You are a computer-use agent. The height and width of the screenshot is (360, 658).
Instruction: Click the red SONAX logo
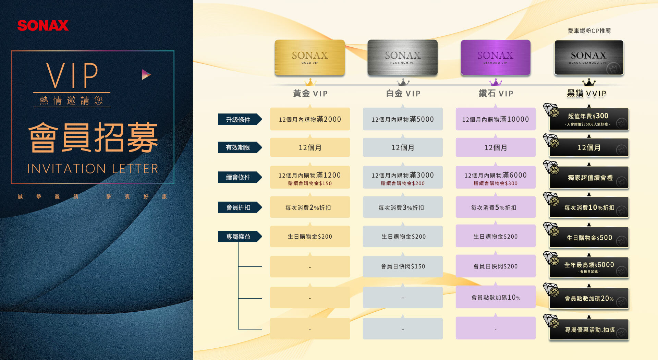pyautogui.click(x=43, y=25)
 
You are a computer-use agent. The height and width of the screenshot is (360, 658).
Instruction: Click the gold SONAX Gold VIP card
pyautogui.click(x=310, y=58)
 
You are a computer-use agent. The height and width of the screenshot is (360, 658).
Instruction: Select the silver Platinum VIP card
pyautogui.click(x=403, y=58)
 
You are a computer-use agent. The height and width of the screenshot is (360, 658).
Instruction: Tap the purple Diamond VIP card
pyautogui.click(x=496, y=58)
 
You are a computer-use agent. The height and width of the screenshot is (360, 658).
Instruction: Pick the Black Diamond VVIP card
pyautogui.click(x=589, y=58)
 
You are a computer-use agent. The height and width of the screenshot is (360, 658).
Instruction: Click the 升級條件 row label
pyautogui.click(x=239, y=119)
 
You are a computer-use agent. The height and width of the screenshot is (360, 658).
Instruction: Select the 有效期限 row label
pyautogui.click(x=239, y=147)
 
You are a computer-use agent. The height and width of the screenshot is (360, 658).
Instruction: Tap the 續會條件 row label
pyautogui.click(x=239, y=177)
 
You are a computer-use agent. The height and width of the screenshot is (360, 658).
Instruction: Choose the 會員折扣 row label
pyautogui.click(x=239, y=207)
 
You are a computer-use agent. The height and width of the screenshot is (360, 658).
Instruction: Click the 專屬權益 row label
pyautogui.click(x=239, y=237)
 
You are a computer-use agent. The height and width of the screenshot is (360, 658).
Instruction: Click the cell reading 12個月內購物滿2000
pyautogui.click(x=310, y=119)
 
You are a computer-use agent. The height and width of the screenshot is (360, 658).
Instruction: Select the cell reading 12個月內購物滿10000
pyautogui.click(x=496, y=119)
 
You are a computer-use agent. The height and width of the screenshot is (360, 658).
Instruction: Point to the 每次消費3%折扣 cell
pyautogui.click(x=403, y=207)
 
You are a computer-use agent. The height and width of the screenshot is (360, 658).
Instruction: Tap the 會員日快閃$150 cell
pyautogui.click(x=403, y=266)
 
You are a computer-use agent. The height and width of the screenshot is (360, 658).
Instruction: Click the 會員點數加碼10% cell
pyautogui.click(x=496, y=297)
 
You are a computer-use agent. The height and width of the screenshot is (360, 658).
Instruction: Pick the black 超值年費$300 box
pyautogui.click(x=589, y=119)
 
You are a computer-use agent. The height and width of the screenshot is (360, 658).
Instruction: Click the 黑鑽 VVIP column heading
pyautogui.click(x=586, y=93)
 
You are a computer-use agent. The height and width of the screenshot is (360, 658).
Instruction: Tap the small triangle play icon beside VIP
pyautogui.click(x=146, y=74)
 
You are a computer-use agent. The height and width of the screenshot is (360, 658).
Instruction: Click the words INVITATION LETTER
pyautogui.click(x=93, y=169)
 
